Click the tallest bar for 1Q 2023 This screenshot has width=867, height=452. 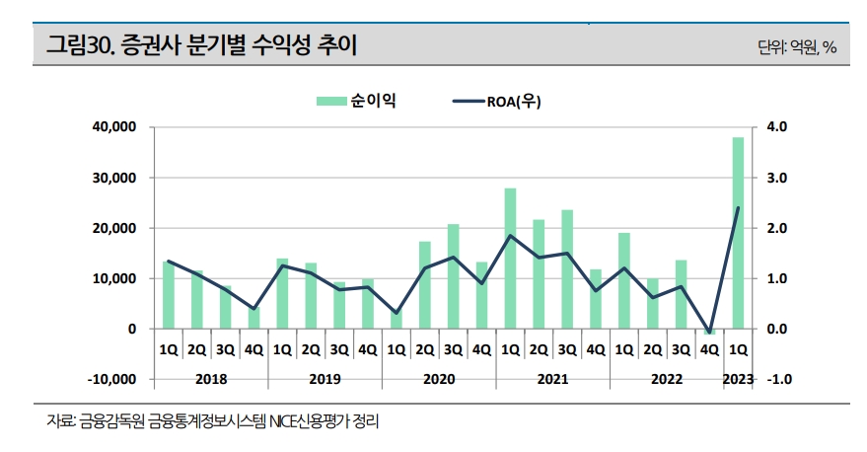(737, 232)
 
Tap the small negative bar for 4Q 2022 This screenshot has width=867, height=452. (709, 332)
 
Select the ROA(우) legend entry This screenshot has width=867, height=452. (497, 101)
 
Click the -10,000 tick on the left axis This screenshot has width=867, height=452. (109, 379)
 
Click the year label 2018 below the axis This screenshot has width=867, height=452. (210, 378)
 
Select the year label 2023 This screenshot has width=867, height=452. (737, 378)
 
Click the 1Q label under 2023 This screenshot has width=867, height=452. (737, 349)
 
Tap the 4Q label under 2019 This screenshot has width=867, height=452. (367, 349)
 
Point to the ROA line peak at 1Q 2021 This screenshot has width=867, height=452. (510, 236)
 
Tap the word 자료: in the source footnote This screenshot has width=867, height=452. (62, 421)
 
